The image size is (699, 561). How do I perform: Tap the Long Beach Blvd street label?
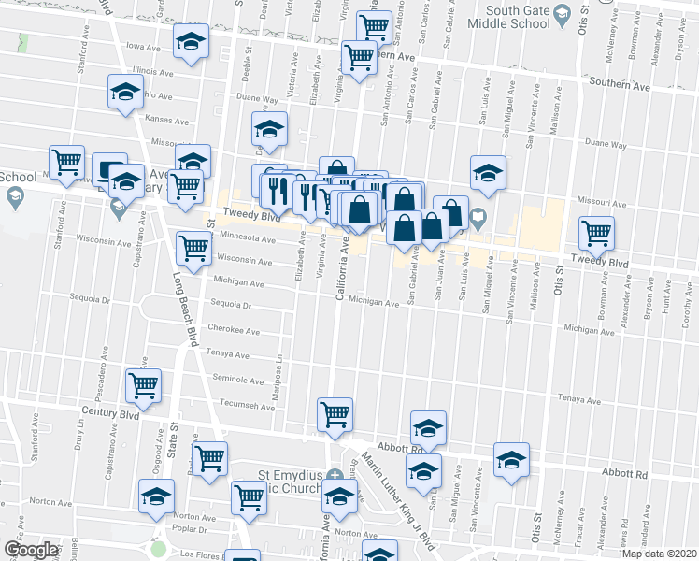(x=182, y=309)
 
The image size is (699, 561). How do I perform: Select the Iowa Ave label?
(x=145, y=45)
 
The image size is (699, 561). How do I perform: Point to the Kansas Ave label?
(x=166, y=120)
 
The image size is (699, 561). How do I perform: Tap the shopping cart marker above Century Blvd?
(x=144, y=383)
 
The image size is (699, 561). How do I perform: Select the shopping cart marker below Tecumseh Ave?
(x=335, y=412)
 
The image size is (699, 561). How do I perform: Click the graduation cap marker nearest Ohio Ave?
(x=125, y=93)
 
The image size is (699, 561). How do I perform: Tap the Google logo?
(x=31, y=550)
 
